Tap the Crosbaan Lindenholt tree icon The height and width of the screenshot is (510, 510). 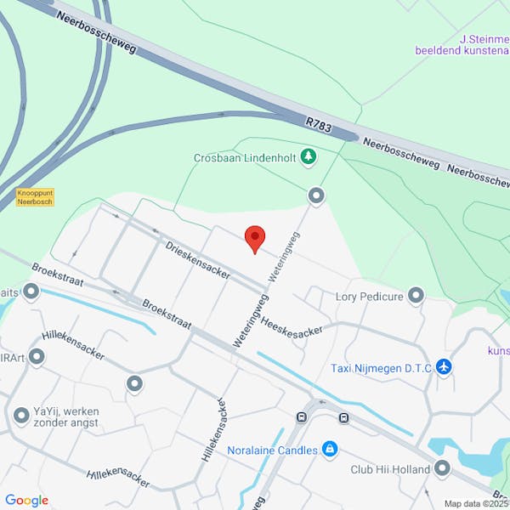(x=308, y=156)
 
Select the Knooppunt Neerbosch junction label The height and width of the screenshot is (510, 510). (x=34, y=197)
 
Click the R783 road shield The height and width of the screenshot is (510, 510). (x=319, y=125)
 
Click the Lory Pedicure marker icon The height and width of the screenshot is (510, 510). (x=416, y=296)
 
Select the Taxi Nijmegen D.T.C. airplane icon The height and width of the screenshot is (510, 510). (x=443, y=367)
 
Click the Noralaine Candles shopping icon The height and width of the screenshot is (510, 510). (x=330, y=450)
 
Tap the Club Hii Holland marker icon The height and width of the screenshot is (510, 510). (x=442, y=468)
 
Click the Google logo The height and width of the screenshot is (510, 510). (x=26, y=501)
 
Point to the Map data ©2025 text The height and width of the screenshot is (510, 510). (x=475, y=503)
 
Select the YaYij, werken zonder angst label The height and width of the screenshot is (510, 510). (x=67, y=416)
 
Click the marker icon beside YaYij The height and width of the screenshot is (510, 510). (x=21, y=416)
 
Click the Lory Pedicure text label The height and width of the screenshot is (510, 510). (x=369, y=297)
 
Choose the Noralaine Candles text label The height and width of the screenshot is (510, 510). (x=272, y=450)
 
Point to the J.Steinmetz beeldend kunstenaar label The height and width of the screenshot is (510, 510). (x=463, y=44)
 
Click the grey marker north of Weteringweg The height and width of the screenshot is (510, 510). (x=316, y=196)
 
